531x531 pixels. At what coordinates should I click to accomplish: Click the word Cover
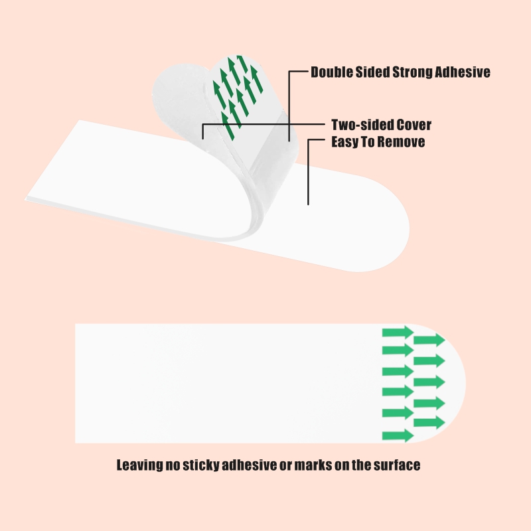click(x=413, y=125)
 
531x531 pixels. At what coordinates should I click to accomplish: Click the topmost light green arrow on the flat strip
click(x=398, y=332)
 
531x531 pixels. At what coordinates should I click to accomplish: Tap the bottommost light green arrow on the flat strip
click(x=398, y=435)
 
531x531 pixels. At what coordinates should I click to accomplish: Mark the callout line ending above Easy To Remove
click(x=308, y=173)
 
